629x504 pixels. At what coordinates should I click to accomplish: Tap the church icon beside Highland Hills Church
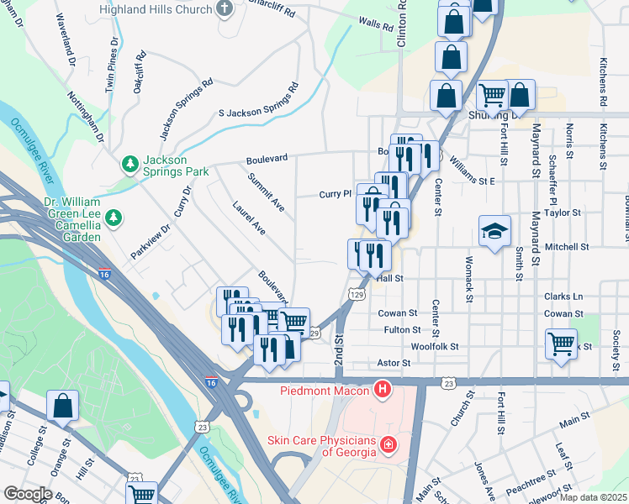pos(224,8)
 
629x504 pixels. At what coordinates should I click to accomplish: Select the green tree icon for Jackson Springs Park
pos(130,162)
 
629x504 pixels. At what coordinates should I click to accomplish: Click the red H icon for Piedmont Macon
pos(383,390)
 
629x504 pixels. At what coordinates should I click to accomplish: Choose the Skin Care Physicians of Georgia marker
pos(388,444)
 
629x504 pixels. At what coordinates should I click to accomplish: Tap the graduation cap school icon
pos(494,230)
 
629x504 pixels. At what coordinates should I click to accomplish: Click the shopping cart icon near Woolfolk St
pos(561,343)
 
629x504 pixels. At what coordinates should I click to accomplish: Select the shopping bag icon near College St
pos(62,406)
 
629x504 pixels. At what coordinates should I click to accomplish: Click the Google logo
pos(28,494)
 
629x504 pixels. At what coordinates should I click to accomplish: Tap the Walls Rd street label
pos(376,24)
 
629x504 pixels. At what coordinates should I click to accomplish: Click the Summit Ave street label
pos(267,192)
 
